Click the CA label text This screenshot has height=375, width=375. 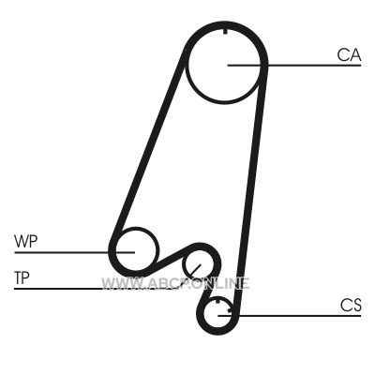[349, 55]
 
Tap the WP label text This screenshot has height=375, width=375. [25, 241]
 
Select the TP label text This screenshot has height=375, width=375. [22, 277]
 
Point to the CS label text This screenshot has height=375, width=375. [351, 306]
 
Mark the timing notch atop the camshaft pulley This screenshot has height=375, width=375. [225, 31]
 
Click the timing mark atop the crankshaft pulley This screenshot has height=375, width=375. [217, 302]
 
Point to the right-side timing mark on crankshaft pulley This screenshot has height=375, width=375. [230, 310]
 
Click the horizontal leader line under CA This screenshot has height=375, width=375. [294, 66]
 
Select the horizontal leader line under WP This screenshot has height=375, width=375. [74, 252]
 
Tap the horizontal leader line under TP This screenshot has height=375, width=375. [94, 289]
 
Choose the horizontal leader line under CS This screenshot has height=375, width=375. [290, 316]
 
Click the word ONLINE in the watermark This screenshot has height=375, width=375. [223, 283]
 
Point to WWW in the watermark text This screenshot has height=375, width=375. [118, 283]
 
